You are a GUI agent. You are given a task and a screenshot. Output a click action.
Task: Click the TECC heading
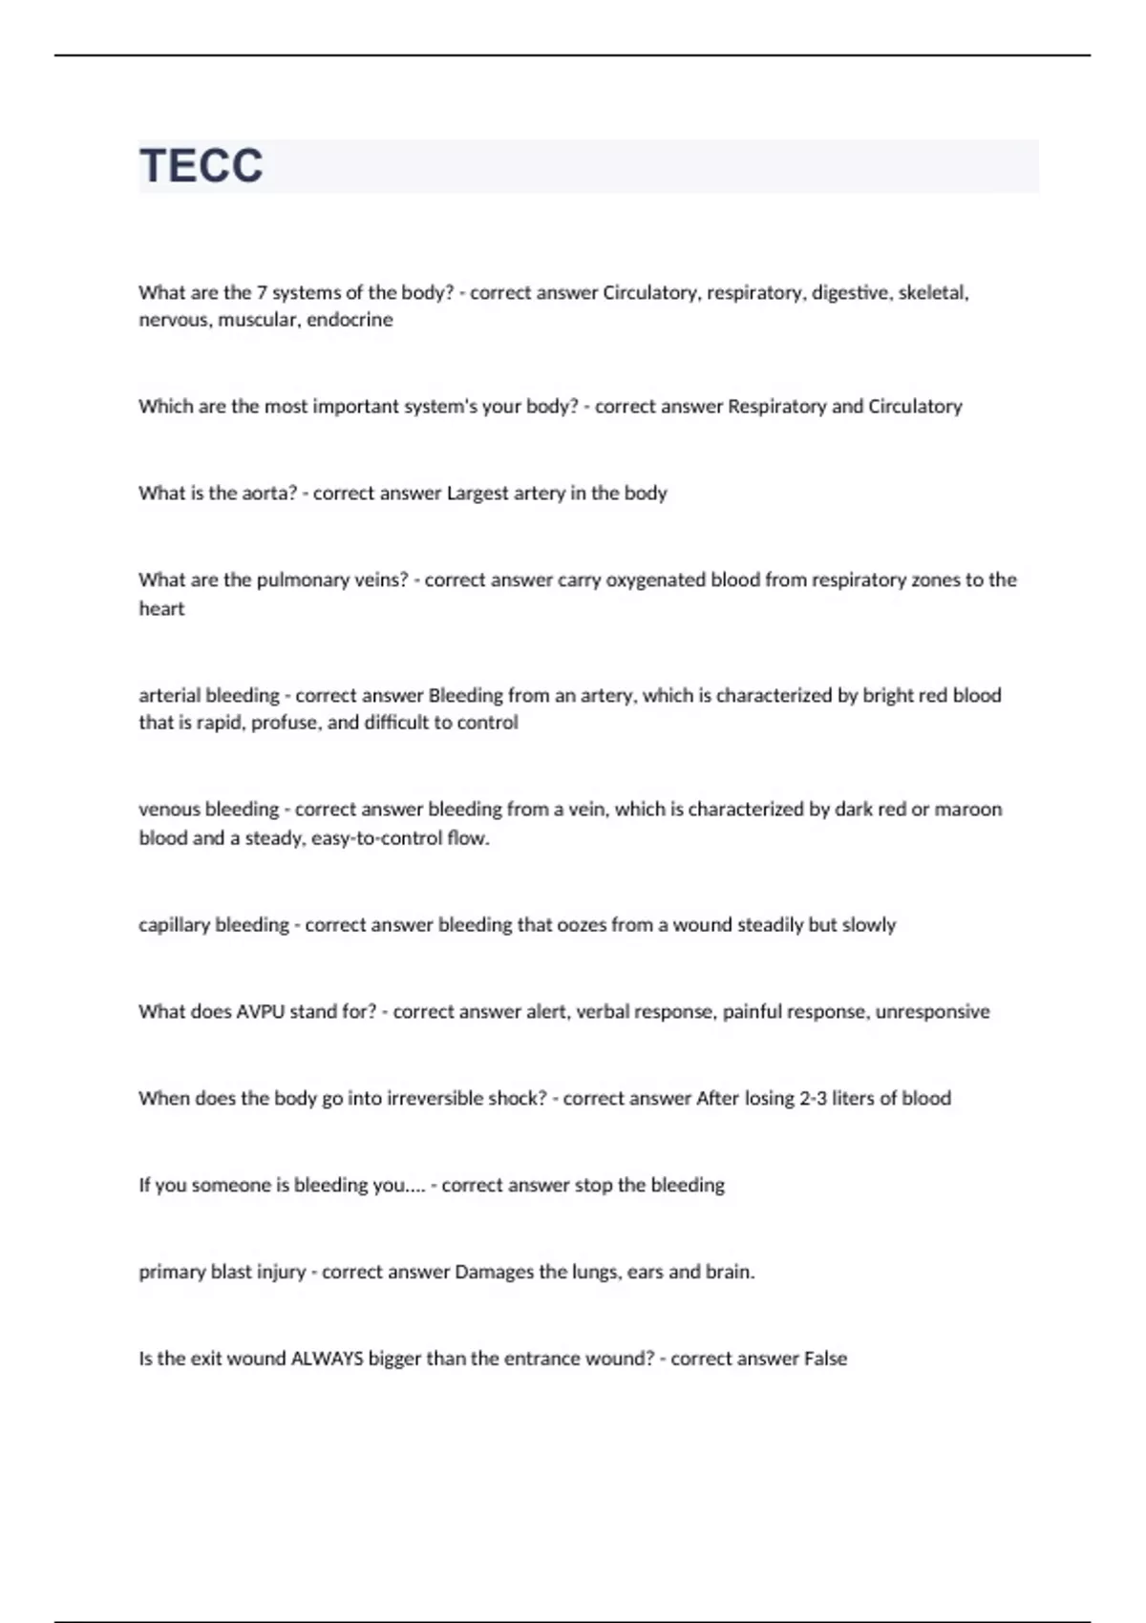[202, 165]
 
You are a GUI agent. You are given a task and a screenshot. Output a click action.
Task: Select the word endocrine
[350, 320]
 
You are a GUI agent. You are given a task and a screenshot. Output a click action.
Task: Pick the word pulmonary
[310, 580]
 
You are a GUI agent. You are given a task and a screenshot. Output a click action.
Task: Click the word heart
[161, 609]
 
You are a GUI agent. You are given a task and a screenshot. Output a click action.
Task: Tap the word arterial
[170, 696]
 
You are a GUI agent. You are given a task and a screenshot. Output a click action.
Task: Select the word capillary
[174, 925]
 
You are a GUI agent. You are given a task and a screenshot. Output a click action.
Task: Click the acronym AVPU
[260, 1012]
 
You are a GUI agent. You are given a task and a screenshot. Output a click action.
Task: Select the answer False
[825, 1359]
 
